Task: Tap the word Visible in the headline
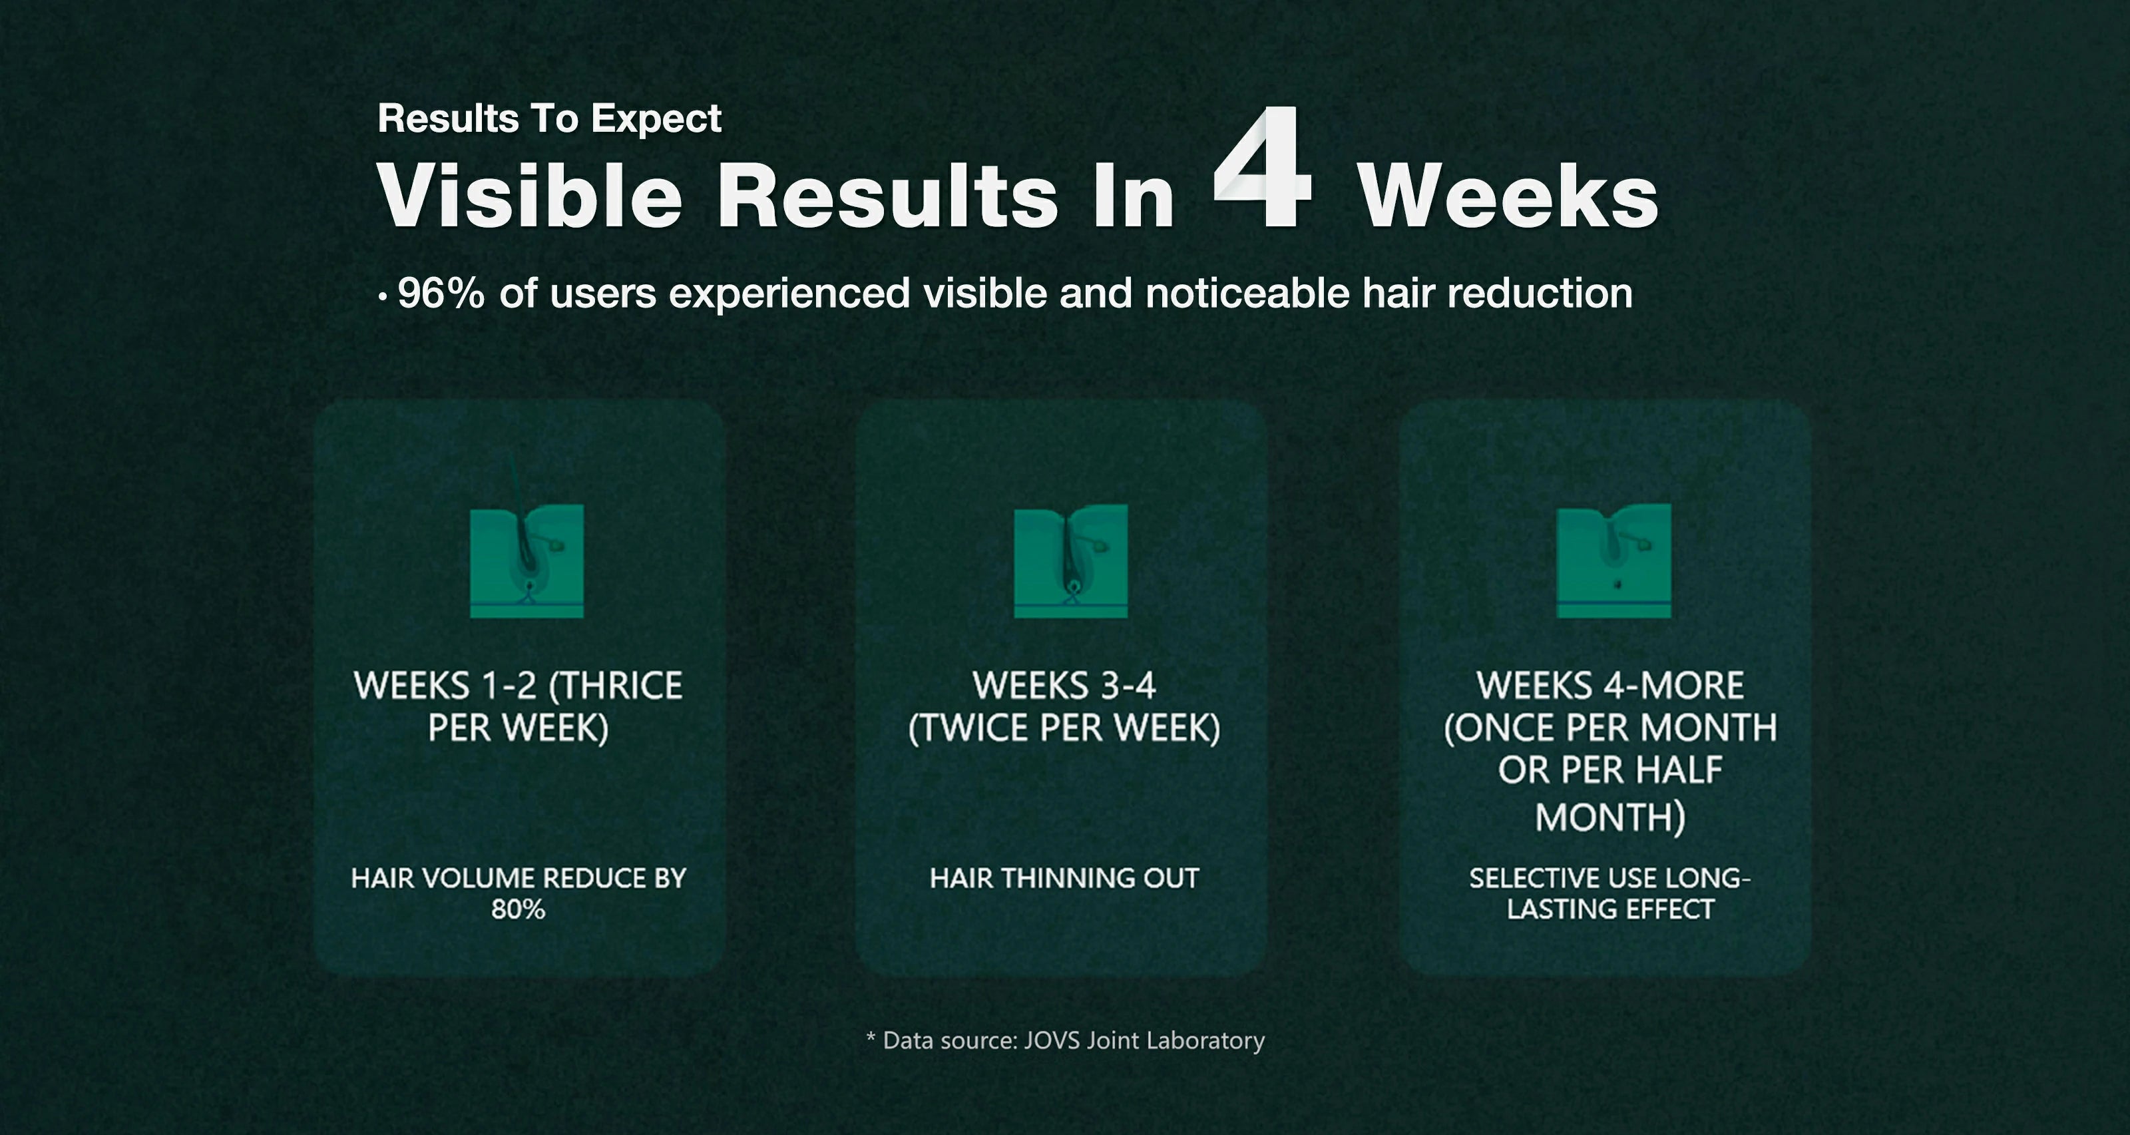[529, 195]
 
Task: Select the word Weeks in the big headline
[1509, 195]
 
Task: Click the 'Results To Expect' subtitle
[549, 118]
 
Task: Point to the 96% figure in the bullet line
[441, 293]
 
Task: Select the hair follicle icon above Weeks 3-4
[1071, 561]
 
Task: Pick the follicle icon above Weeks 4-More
[1613, 561]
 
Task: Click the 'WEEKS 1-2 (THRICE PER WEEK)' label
[519, 707]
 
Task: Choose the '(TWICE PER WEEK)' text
[1064, 728]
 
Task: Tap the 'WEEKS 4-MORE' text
[1610, 685]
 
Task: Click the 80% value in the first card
[519, 909]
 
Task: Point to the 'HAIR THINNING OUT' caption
[1064, 878]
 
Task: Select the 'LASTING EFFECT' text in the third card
[1610, 909]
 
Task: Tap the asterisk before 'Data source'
[871, 1036]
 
